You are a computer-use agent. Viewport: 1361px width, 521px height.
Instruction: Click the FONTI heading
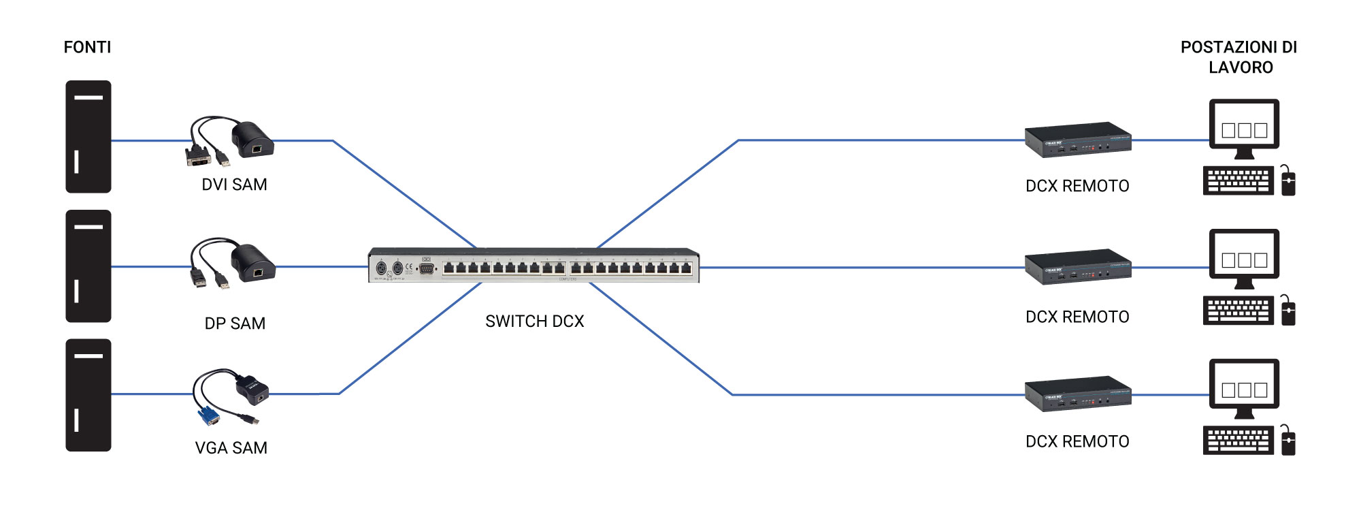pyautogui.click(x=87, y=47)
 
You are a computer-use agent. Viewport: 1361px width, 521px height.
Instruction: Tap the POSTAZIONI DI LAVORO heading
pyautogui.click(x=1239, y=57)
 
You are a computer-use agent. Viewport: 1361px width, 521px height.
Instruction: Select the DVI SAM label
pyautogui.click(x=234, y=185)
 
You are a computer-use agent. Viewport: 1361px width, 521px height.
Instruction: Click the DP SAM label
pyautogui.click(x=235, y=323)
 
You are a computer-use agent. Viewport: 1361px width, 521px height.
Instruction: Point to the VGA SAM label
pyautogui.click(x=231, y=448)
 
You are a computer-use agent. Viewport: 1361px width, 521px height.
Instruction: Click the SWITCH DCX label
pyautogui.click(x=534, y=321)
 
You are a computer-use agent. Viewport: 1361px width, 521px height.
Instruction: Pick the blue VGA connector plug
pyautogui.click(x=208, y=415)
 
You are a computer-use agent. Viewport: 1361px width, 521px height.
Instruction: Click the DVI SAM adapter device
pyautogui.click(x=252, y=139)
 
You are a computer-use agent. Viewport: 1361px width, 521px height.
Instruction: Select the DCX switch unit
pyautogui.click(x=534, y=265)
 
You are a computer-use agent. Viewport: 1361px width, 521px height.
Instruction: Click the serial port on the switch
pyautogui.click(x=427, y=268)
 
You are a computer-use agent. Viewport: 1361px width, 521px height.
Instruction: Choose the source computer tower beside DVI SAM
pyautogui.click(x=88, y=137)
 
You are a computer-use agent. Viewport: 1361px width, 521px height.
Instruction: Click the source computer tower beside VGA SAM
pyautogui.click(x=88, y=395)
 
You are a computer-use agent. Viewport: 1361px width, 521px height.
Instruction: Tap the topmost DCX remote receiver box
pyautogui.click(x=1077, y=140)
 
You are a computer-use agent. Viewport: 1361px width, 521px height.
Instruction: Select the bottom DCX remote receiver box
pyautogui.click(x=1077, y=394)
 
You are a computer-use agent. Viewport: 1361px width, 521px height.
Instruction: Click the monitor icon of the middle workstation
pyautogui.click(x=1244, y=258)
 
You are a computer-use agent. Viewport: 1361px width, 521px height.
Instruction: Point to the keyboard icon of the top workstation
pyautogui.click(x=1238, y=181)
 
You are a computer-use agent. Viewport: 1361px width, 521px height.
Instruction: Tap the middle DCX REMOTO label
pyautogui.click(x=1077, y=317)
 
